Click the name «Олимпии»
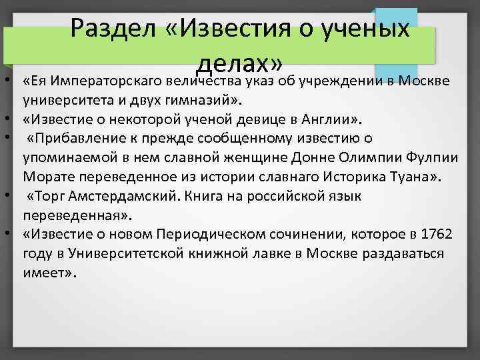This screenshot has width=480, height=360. (x=367, y=159)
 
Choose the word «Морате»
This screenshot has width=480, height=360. (x=45, y=177)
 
